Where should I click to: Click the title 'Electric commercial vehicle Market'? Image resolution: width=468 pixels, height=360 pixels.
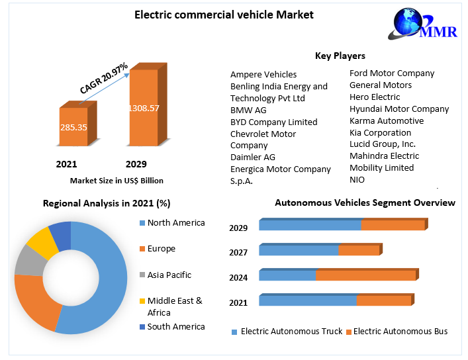coord(224,14)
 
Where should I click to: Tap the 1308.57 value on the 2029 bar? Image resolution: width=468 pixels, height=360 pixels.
coord(144,108)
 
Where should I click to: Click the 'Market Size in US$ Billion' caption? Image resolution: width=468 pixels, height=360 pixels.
coord(117,180)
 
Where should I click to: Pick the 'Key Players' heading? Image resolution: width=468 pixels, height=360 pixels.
coord(340,56)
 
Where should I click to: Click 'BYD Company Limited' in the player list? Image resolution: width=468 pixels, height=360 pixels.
coord(273,122)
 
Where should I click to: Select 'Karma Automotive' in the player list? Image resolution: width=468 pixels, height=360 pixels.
coord(387,120)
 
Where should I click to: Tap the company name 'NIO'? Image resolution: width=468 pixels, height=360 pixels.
coord(357,179)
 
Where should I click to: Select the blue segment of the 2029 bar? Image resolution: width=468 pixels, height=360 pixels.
coord(310,226)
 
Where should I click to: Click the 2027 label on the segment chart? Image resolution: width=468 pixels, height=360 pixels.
coord(238,252)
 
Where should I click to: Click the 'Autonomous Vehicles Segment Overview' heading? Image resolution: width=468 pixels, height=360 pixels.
coord(365,202)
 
